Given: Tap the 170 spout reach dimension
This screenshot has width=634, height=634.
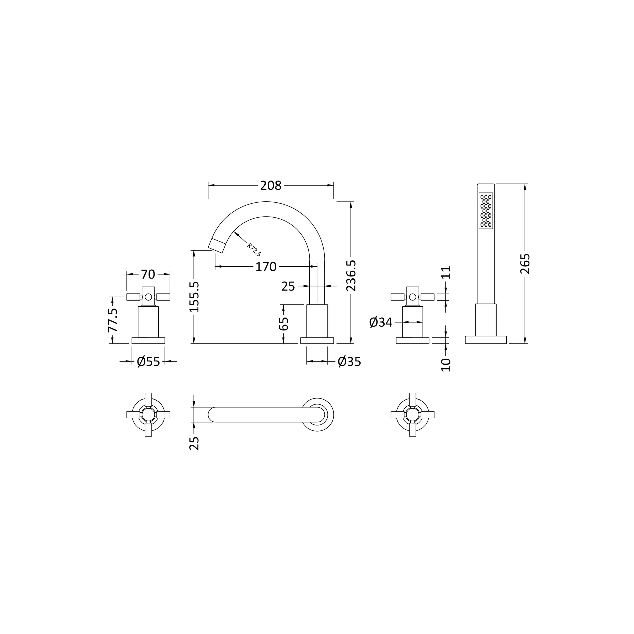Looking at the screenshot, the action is (266, 267).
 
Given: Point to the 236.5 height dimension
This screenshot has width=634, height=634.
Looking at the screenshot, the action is (351, 276).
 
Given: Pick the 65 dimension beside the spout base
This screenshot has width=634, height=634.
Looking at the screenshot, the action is (284, 324).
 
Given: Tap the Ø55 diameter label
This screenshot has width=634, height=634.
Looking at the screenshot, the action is (148, 362).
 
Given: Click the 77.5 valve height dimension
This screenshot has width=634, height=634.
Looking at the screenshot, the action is (113, 320).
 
